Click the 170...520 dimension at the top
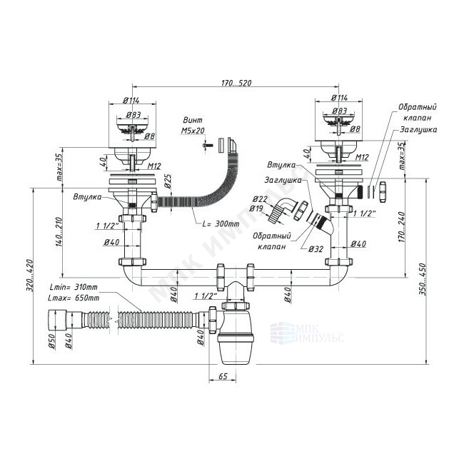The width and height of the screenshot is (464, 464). coord(236,83)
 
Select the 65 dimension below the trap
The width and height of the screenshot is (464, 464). coord(223,375)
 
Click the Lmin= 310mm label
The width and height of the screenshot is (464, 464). coord(74,287)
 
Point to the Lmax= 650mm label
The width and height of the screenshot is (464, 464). coord(74,298)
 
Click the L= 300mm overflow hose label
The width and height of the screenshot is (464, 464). coord(221,223)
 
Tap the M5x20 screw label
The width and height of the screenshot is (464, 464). coord(193,131)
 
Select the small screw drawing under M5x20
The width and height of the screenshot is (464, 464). coord(208,146)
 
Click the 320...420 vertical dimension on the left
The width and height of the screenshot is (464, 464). coord(30,276)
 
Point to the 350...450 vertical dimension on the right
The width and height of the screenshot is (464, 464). coord(422,279)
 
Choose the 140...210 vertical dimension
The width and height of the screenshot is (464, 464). coord(59,233)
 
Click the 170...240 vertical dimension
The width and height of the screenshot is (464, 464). coord(402,227)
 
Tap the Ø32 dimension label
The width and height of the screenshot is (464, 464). coord(316,249)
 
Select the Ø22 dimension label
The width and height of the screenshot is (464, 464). coord(260,198)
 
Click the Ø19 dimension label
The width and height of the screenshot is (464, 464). coord(256,208)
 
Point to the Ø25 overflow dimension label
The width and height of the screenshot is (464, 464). coord(168,181)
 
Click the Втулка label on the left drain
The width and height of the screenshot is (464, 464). coord(87,197)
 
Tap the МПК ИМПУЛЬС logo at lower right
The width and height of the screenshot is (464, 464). coord(307,333)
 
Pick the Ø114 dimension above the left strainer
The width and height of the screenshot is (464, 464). coord(131,101)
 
